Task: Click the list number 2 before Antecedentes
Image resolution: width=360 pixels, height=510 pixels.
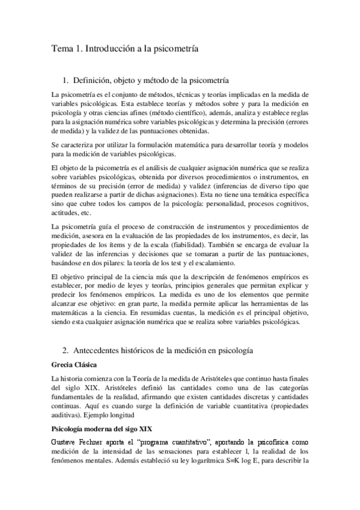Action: (x=65, y=349)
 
